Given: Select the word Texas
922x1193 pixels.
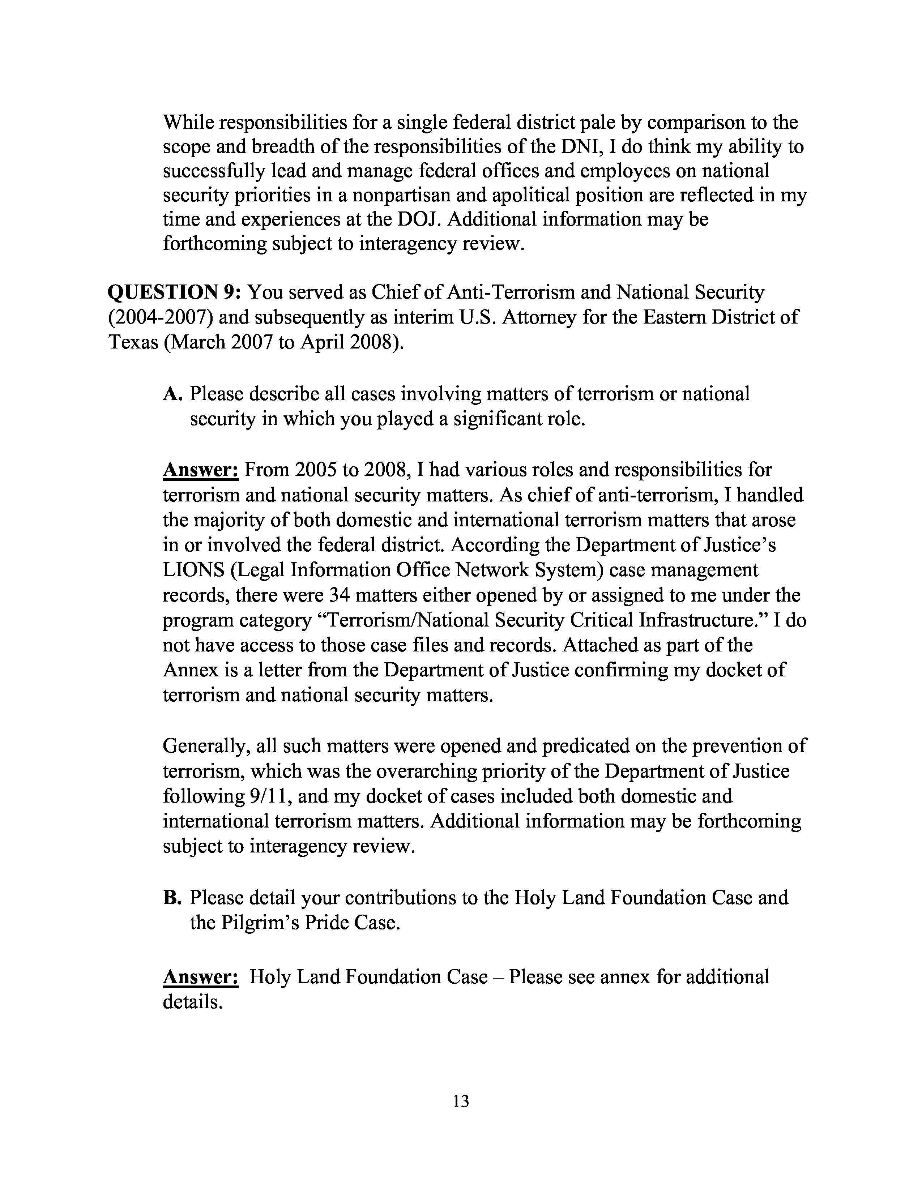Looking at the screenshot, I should pyautogui.click(x=133, y=342).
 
